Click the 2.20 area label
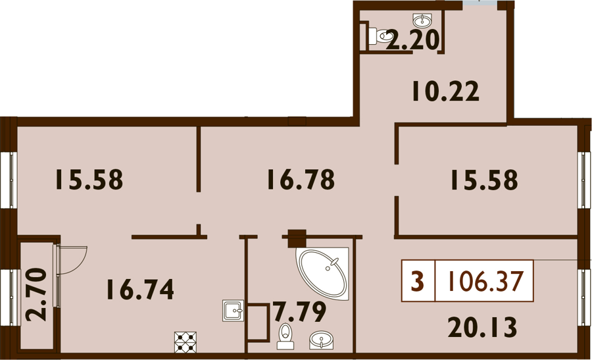tap(412, 40)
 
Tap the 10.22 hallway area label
tap(445, 91)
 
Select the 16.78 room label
tap(301, 180)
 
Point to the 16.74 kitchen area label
tap(140, 290)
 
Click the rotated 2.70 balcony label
tap(37, 295)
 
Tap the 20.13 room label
tap(482, 327)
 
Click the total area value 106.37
tap(485, 281)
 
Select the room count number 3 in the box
tap(417, 281)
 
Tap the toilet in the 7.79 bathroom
tap(284, 336)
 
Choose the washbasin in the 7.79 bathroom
tap(321, 340)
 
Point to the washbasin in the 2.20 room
tap(423, 18)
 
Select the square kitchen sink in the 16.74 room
tap(233, 311)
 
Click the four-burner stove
tap(185, 342)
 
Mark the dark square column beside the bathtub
tap(297, 238)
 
